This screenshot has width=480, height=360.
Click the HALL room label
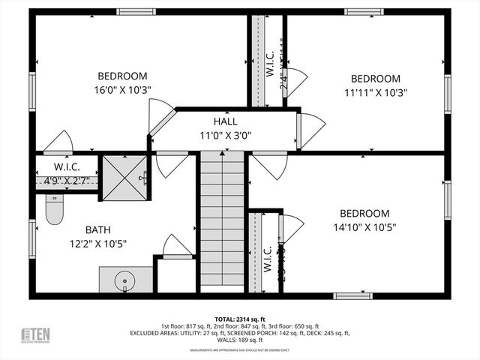(225, 121)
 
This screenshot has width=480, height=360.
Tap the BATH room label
(97, 229)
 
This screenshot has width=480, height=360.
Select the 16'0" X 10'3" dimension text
(122, 89)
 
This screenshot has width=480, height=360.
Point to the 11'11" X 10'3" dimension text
(375, 92)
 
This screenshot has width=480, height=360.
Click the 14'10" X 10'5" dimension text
(364, 226)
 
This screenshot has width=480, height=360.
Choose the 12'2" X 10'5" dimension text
(97, 243)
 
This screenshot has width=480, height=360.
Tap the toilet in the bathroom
(54, 210)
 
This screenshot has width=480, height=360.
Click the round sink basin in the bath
(124, 281)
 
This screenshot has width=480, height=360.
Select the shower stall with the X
(124, 178)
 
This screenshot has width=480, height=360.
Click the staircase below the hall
(222, 217)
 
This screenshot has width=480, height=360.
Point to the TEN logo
(35, 335)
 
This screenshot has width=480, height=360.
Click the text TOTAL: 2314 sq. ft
(240, 319)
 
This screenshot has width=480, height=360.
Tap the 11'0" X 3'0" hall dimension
(225, 136)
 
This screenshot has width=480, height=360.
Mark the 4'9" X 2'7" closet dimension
(66, 180)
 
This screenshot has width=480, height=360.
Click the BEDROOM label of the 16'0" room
(122, 76)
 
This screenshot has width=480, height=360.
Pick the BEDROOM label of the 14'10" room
(364, 213)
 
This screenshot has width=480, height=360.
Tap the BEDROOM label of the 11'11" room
(375, 79)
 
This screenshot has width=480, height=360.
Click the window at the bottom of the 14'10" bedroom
(353, 295)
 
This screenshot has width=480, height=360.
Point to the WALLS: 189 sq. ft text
(239, 340)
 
